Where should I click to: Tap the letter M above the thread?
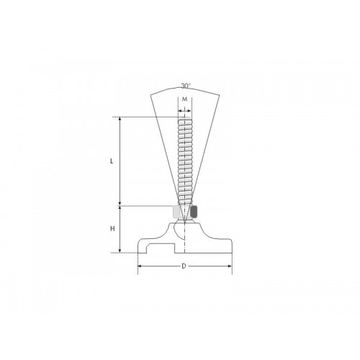[x=185, y=99]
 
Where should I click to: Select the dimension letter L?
[x=112, y=161]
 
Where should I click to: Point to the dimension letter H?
[x=112, y=229]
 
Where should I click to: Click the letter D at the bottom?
[x=184, y=266]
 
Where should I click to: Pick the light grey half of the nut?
[x=177, y=212]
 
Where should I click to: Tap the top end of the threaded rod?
[x=185, y=117]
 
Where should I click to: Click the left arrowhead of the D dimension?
[x=140, y=266]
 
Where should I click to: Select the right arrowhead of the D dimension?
[x=230, y=266]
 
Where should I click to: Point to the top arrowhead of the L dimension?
[x=120, y=120]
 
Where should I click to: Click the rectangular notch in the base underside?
[x=160, y=249]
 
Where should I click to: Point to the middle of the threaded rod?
[x=185, y=161]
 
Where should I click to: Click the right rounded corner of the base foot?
[x=229, y=244]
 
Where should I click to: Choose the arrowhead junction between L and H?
[x=120, y=206]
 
